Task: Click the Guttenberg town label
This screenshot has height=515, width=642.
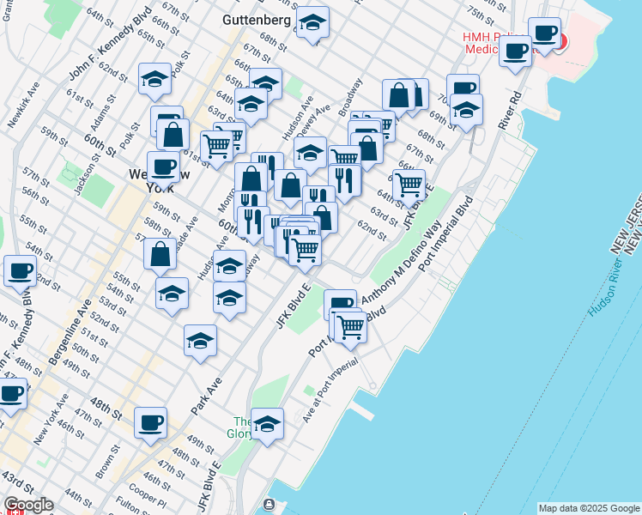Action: tap(257, 18)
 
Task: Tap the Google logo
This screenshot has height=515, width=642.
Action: tap(28, 505)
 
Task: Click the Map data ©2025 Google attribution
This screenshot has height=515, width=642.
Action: tap(588, 508)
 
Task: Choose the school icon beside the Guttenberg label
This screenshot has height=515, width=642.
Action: tap(312, 22)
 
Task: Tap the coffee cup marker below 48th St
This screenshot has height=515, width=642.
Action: tap(150, 422)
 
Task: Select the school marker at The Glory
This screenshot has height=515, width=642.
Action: tap(268, 423)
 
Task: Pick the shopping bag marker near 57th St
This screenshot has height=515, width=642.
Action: tap(160, 254)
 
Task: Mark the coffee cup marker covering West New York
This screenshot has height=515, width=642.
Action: tap(162, 167)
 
